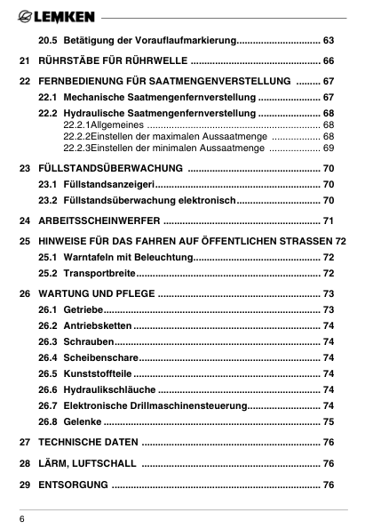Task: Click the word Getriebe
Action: pyautogui.click(x=83, y=309)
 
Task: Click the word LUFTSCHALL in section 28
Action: pyautogui.click(x=104, y=463)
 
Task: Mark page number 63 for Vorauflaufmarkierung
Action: pyautogui.click(x=328, y=41)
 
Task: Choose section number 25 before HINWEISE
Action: pyautogui.click(x=24, y=241)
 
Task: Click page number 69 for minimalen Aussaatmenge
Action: pyautogui.click(x=328, y=148)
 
